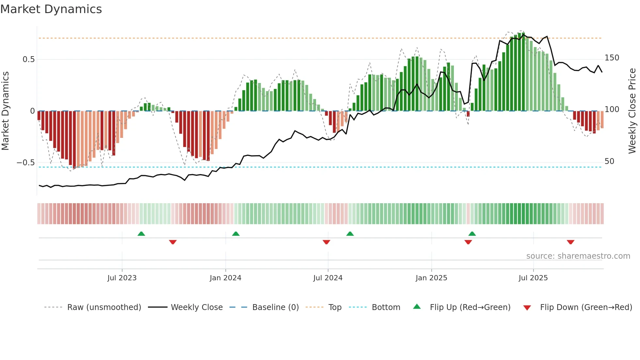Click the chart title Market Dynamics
point(51,9)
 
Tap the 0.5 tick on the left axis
point(28,59)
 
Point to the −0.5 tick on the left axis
point(26,163)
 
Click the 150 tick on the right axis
point(612,58)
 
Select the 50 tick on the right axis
point(609,161)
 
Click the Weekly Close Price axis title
point(632,111)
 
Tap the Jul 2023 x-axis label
point(122,278)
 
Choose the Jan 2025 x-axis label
point(431,278)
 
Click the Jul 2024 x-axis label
point(328,278)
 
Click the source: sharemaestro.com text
point(578,256)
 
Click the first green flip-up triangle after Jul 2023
point(141,234)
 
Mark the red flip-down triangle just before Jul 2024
point(326,242)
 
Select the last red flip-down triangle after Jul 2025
point(570,242)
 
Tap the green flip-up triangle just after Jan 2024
point(236,234)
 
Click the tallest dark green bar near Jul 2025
point(523,72)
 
